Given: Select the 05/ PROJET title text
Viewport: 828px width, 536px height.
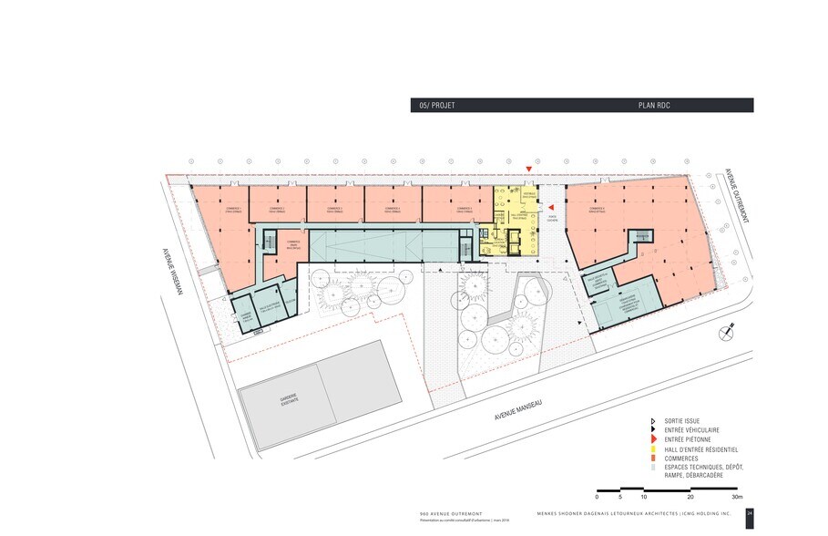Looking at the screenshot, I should coord(436,106).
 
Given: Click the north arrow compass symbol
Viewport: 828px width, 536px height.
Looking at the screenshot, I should coord(725,331).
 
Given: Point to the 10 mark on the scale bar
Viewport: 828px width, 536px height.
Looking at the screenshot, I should coord(643,498).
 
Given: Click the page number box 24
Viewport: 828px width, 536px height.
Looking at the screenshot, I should coord(749,513).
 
